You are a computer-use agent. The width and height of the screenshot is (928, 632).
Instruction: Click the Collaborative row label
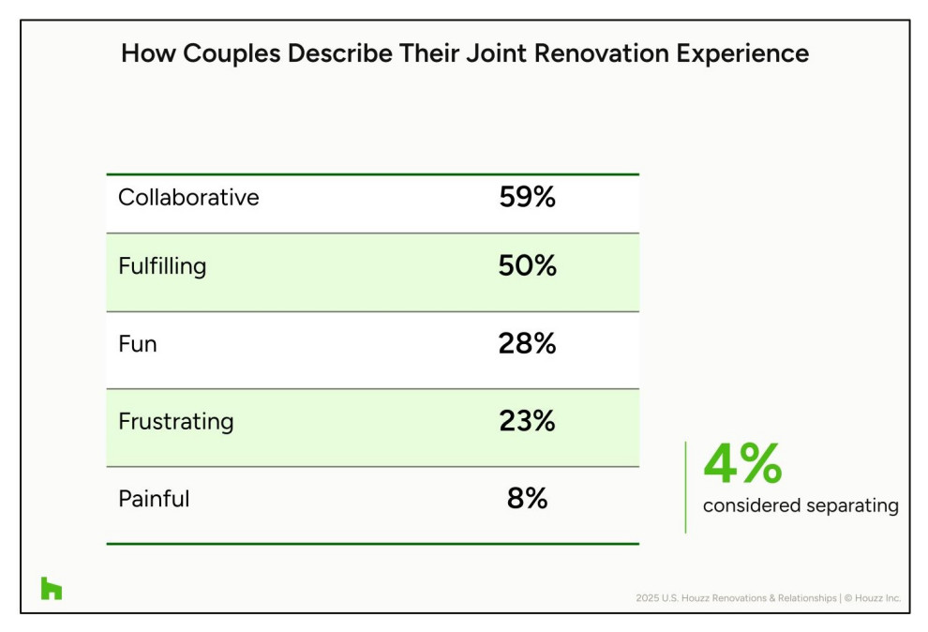click(x=188, y=197)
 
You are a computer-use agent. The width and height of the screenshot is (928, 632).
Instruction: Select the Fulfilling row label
click(x=162, y=266)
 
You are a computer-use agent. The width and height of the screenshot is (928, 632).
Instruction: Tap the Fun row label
click(x=137, y=344)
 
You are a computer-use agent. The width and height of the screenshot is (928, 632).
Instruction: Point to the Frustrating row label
click(x=176, y=422)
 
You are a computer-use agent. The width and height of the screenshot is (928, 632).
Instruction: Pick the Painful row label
click(x=154, y=499)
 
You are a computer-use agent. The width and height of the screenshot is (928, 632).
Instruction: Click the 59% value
click(x=528, y=197)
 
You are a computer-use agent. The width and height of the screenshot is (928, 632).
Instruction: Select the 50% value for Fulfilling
click(x=528, y=265)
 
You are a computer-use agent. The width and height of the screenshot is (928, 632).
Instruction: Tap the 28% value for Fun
click(x=528, y=343)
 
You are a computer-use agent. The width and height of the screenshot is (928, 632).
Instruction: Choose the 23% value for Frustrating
click(x=528, y=421)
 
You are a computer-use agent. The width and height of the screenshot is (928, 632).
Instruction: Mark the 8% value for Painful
click(x=528, y=498)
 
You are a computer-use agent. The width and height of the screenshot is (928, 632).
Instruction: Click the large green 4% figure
click(x=742, y=463)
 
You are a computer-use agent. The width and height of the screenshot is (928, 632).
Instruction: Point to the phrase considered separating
click(x=801, y=505)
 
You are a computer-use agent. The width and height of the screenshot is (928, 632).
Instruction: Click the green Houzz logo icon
click(x=52, y=588)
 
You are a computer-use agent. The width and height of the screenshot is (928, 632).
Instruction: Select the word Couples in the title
click(x=232, y=53)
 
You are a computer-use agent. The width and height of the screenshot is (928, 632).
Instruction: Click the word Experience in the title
click(x=742, y=53)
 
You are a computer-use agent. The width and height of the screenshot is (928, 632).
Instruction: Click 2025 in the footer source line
click(x=647, y=598)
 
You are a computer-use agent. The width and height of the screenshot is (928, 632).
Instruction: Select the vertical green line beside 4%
click(x=686, y=488)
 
